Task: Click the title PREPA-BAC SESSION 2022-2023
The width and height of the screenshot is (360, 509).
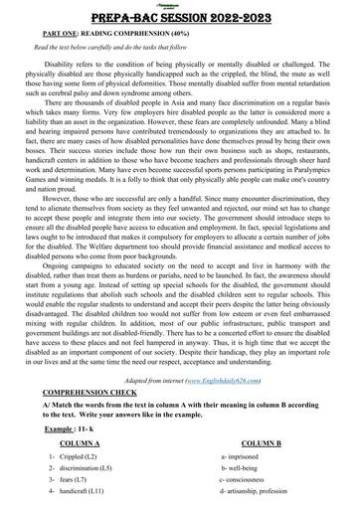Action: (x=180, y=16)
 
